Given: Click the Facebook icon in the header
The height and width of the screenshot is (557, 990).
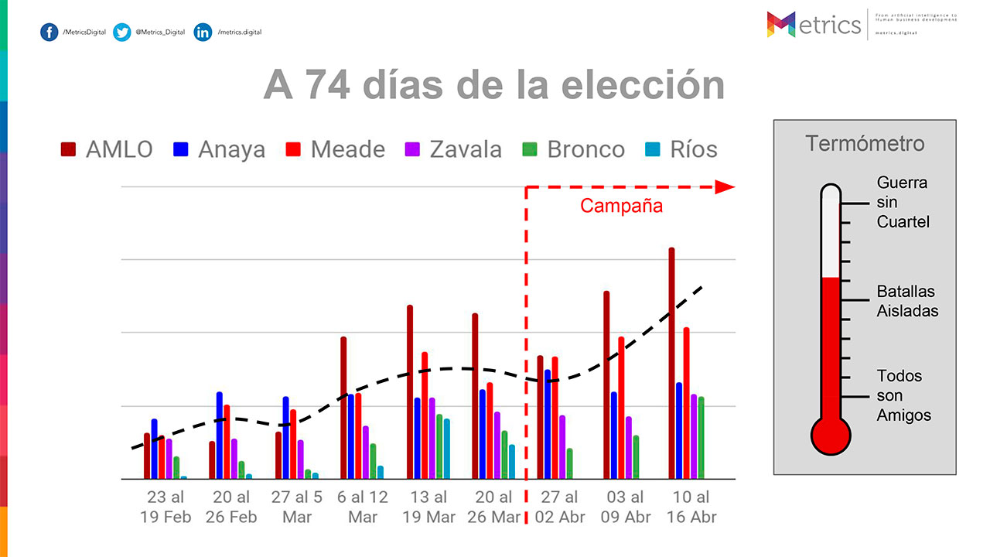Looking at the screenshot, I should [x=49, y=32].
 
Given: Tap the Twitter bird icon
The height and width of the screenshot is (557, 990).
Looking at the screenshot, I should [x=121, y=32].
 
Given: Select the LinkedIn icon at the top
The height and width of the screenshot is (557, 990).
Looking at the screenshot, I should [x=203, y=32].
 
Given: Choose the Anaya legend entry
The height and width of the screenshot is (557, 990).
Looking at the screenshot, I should [x=220, y=149].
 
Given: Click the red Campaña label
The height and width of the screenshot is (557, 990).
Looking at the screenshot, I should [x=621, y=207].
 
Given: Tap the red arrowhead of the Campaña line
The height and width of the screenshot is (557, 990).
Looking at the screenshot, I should [x=724, y=187].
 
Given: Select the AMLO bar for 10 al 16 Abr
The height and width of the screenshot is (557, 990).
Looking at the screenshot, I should [x=672, y=364].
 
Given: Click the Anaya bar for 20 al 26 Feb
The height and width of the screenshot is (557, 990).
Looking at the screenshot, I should [x=220, y=436].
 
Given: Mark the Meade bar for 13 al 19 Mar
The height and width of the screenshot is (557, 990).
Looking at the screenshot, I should [x=425, y=415].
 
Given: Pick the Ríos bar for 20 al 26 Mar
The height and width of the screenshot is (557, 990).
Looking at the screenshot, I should [x=512, y=462].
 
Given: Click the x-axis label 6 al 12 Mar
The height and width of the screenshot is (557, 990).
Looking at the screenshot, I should [x=363, y=507].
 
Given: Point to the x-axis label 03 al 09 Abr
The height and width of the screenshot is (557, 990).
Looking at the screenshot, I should [x=626, y=507].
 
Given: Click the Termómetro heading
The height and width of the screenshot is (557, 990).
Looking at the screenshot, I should [x=865, y=144].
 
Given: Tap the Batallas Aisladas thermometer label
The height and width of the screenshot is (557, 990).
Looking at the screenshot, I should [x=907, y=301].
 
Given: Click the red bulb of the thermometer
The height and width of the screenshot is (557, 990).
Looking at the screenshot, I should [x=831, y=435].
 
